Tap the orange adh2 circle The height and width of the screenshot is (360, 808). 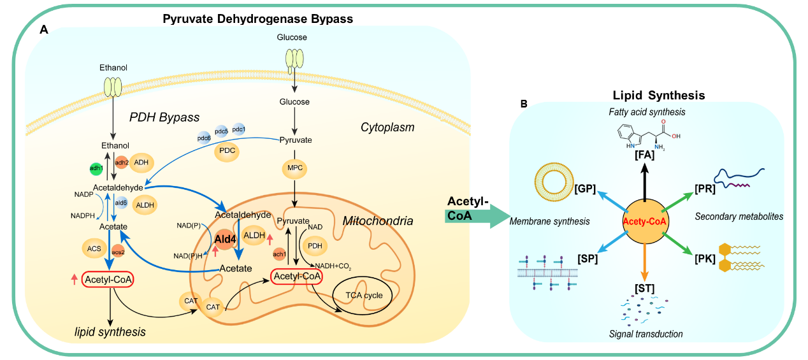point(122,162)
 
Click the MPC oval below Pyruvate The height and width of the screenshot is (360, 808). point(294,168)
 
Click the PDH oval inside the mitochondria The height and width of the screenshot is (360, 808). point(315,245)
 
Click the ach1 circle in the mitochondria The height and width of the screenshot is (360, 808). point(278,254)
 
